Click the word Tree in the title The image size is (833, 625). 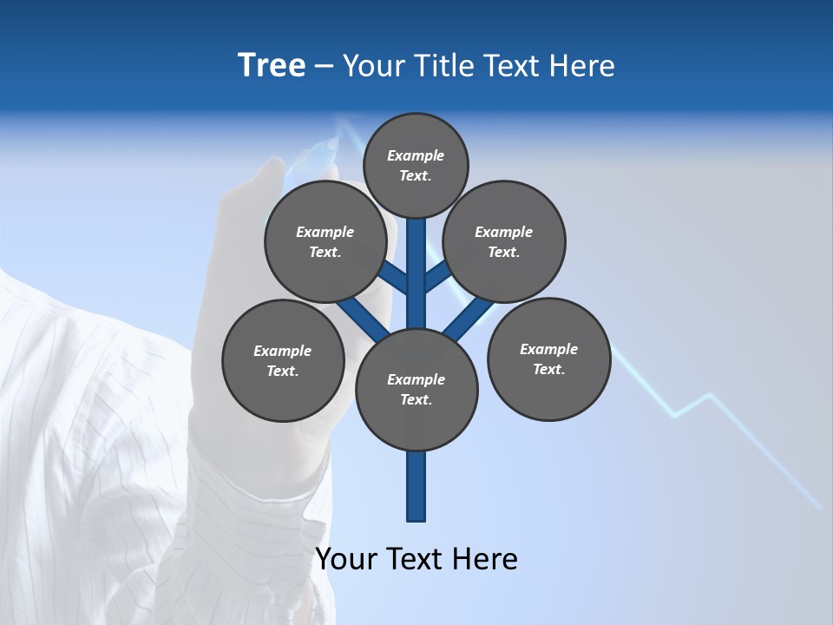(x=272, y=66)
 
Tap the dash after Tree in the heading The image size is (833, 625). (x=324, y=67)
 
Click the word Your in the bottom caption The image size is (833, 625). (x=348, y=559)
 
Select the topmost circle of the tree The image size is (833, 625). (x=416, y=165)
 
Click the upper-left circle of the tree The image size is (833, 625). (x=325, y=241)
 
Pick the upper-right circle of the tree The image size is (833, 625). (x=504, y=241)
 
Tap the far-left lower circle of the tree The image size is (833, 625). (x=283, y=360)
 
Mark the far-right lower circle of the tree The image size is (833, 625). (x=548, y=359)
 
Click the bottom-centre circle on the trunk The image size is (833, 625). (x=416, y=390)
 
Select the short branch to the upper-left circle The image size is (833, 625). (x=394, y=278)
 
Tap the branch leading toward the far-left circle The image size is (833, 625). (x=360, y=317)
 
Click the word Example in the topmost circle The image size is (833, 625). (x=416, y=155)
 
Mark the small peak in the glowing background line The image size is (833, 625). (x=710, y=396)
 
